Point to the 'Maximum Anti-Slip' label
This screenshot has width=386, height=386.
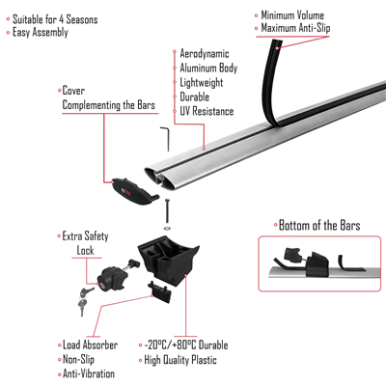pyautogui.click(x=306, y=28)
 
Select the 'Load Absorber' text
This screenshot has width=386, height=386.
pyautogui.click(x=92, y=345)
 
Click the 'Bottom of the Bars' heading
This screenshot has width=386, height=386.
pyautogui.click(x=320, y=225)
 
